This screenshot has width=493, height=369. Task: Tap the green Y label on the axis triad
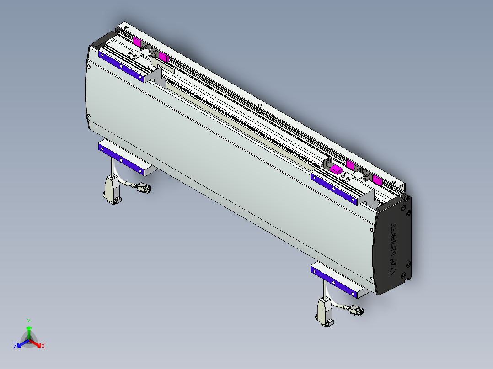pos(29,321)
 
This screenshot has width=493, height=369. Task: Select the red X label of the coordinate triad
pos(43,346)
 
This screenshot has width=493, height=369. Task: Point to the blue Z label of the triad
pos(15,346)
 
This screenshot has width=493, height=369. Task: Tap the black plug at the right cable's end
pos(357,311)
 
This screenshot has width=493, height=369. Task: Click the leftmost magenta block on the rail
pos(137,41)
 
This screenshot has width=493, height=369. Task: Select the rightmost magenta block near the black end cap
pos(377,179)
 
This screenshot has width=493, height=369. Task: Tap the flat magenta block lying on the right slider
pos(336,169)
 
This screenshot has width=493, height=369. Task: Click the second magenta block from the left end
pos(163,57)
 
